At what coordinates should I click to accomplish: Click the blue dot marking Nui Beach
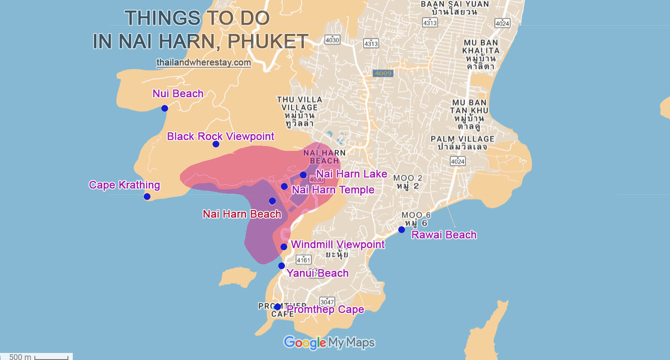tap(165, 108)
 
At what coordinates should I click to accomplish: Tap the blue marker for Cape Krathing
tap(147, 196)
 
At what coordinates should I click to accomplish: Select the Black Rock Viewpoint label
tap(221, 136)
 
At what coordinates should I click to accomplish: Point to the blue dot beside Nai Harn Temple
tap(284, 186)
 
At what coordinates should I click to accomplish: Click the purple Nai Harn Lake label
tap(352, 174)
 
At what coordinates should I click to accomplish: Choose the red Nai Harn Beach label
tap(242, 214)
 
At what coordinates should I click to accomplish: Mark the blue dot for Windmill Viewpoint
tap(284, 247)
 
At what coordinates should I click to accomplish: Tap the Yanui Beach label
tap(318, 273)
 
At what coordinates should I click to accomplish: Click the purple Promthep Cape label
tap(326, 309)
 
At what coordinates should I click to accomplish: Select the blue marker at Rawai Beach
tap(401, 229)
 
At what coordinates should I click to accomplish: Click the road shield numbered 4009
tap(382, 73)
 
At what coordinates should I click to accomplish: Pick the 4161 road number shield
tap(303, 259)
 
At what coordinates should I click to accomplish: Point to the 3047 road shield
tap(327, 302)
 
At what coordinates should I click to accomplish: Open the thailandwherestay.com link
tap(204, 62)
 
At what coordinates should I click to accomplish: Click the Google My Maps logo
tap(329, 342)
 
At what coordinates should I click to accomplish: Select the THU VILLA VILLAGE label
tap(299, 104)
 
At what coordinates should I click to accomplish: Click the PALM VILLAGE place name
tap(462, 139)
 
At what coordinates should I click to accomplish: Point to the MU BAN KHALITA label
tap(480, 47)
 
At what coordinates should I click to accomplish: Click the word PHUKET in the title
tap(268, 41)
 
